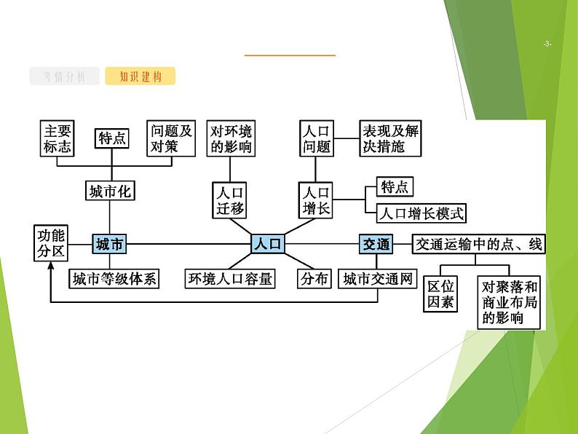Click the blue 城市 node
(110, 245)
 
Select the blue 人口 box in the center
(267, 244)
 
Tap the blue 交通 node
(376, 244)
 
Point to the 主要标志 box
(58, 138)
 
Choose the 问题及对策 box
(171, 138)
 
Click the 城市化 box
(110, 192)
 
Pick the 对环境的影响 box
(231, 138)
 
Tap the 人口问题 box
(316, 138)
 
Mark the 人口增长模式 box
(421, 213)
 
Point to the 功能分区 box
(51, 243)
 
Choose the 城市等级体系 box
(114, 278)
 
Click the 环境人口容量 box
(230, 278)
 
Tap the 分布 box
(314, 278)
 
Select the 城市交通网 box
(378, 278)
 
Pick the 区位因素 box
(440, 293)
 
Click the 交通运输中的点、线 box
(478, 244)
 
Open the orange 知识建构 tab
(140, 76)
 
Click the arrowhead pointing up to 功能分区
(51, 267)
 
